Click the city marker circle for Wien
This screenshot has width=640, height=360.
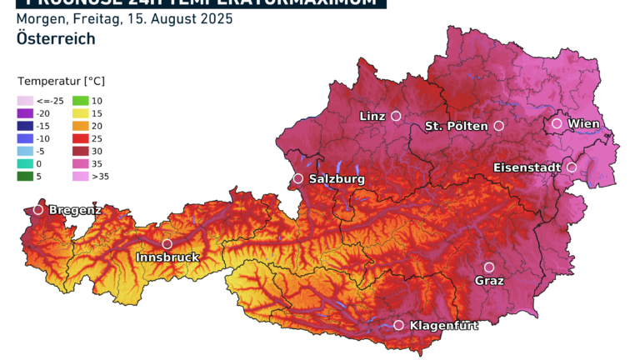557,123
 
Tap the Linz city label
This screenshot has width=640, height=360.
372,116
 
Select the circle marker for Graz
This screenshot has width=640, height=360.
489,267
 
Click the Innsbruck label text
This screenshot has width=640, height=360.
167,257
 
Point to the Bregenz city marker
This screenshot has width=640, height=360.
38,210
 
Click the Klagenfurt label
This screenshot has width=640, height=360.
444,326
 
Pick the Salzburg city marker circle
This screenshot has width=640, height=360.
298,178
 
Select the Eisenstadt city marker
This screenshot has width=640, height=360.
572,167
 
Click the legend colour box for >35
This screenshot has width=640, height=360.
80,176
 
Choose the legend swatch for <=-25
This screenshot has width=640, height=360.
25,101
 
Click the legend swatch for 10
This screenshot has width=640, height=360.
80,101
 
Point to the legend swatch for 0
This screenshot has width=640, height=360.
25,163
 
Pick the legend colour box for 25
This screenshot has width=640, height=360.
80,138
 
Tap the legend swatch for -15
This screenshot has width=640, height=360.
25,126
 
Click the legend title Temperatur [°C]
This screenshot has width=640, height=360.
61,82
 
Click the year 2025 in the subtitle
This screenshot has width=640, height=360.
217,18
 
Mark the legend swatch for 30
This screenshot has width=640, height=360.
80,151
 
